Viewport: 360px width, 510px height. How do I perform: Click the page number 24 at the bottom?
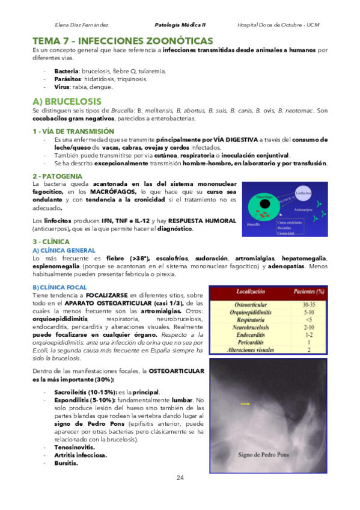point(180,478)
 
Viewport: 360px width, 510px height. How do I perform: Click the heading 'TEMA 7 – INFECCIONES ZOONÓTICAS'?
point(123,41)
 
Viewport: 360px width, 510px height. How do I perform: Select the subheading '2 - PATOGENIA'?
point(59,176)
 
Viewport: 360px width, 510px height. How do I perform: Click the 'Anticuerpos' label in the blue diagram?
point(302,210)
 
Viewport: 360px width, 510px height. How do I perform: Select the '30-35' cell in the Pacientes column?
point(308,305)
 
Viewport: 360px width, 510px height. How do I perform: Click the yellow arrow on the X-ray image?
point(245,404)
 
